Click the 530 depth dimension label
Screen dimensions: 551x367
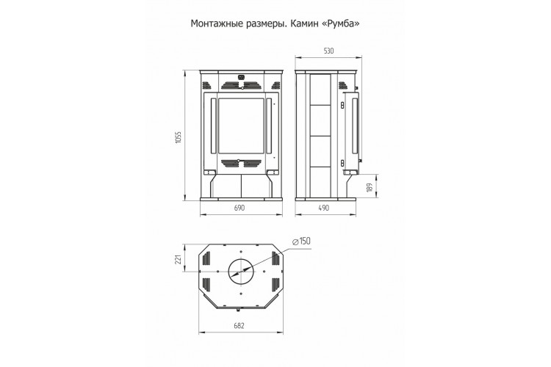pos(328,51)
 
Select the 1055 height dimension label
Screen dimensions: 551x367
pos(179,137)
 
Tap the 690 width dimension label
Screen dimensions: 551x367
pos(239,208)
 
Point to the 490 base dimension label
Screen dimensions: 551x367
pos(324,208)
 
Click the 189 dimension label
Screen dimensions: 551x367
pos(369,188)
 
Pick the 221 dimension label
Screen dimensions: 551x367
pos(178,259)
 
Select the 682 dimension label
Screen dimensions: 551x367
pos(239,326)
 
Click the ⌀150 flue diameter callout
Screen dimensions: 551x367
pos(301,241)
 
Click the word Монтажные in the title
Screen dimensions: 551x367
pos(216,23)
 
